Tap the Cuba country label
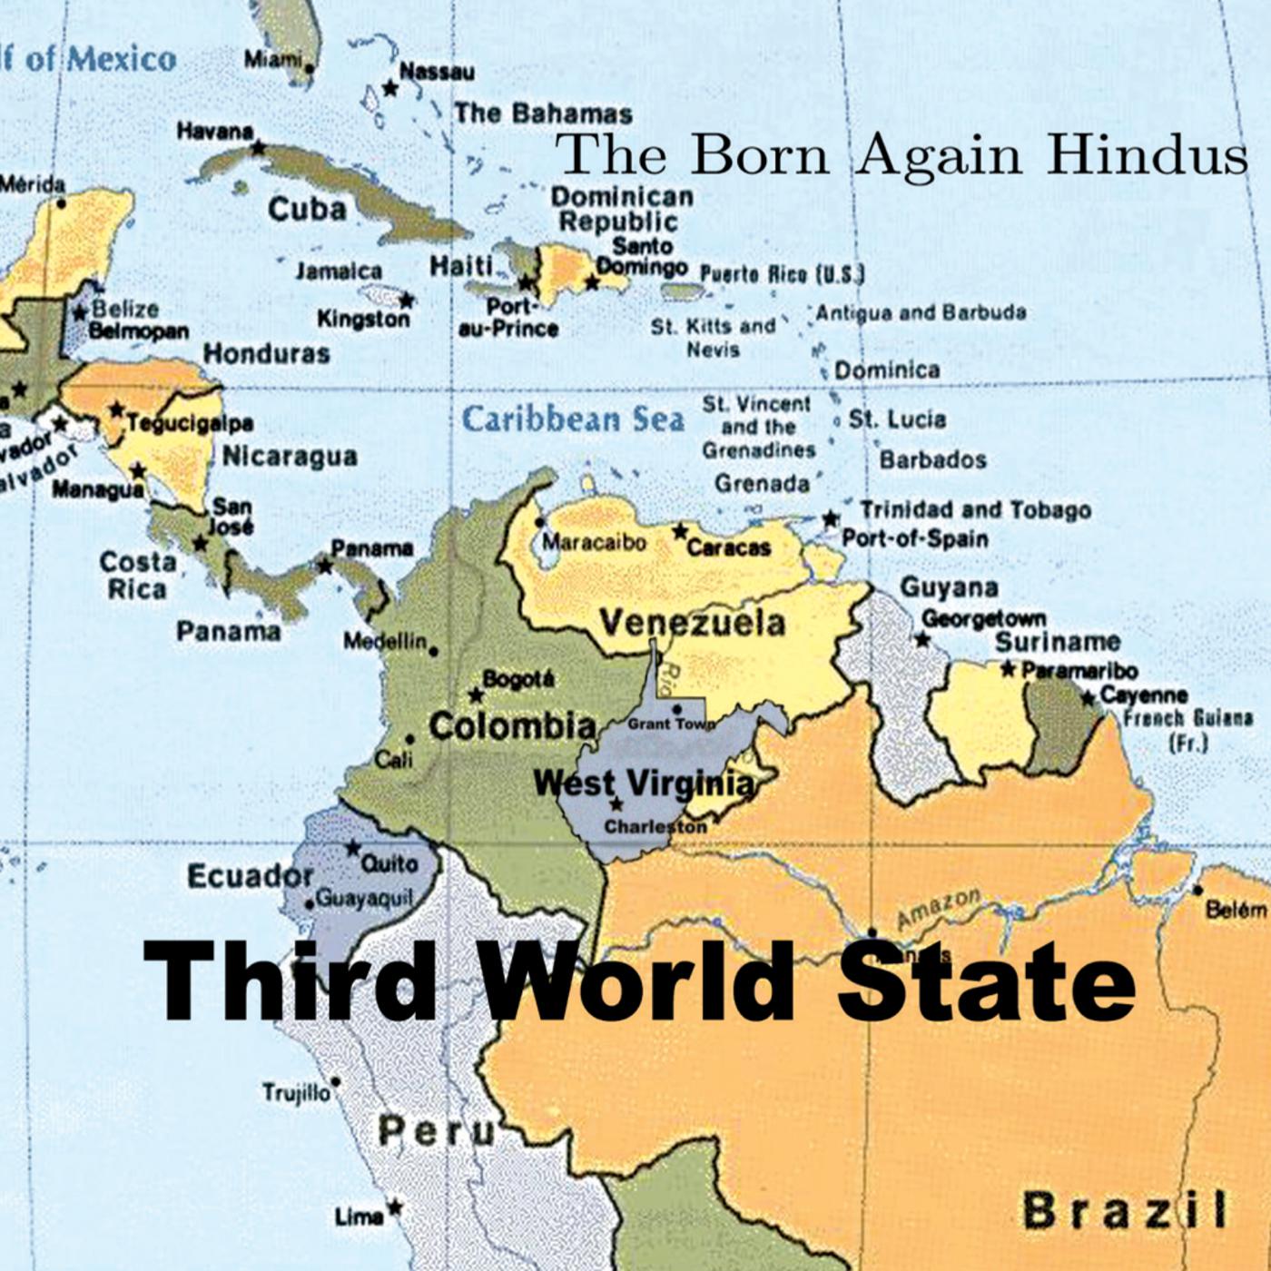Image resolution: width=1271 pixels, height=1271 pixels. point(307,210)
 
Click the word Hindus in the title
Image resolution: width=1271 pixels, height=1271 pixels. point(1147,155)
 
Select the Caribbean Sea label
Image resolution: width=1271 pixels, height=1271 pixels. point(573,419)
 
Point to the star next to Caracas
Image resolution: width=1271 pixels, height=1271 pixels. point(679,531)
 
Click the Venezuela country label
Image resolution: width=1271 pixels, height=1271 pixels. point(692,624)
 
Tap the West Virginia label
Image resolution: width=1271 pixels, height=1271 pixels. point(644,783)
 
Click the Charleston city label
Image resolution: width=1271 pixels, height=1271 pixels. point(655,827)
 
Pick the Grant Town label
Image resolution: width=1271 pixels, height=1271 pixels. point(670,724)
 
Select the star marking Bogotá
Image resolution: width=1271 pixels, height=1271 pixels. point(475,695)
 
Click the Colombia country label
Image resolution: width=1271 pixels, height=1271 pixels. point(512,726)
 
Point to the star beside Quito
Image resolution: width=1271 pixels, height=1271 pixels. point(352,848)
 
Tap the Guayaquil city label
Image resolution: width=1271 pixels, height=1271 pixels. point(363,899)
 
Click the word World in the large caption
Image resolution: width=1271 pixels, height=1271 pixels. point(636,982)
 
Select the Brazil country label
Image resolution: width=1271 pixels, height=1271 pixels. point(1124,1210)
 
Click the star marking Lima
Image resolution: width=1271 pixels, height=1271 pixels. point(394,1207)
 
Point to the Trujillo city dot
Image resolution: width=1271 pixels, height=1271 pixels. point(336,1082)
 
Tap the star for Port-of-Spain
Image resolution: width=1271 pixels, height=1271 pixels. point(830,518)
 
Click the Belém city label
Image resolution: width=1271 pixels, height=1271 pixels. point(1236,910)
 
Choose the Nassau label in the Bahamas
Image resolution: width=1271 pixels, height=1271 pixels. point(436,72)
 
